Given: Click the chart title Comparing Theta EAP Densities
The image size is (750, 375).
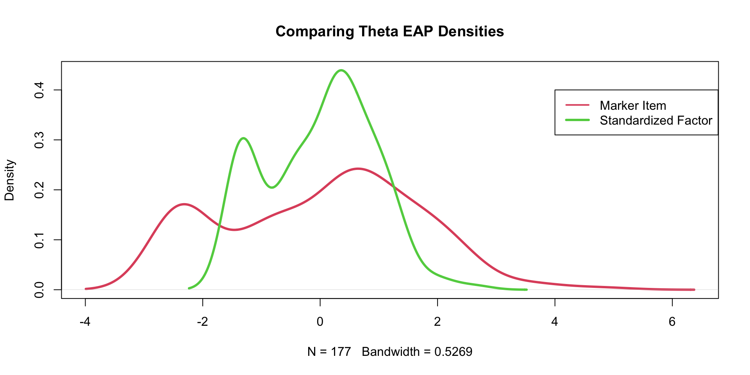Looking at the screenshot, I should click(389, 31).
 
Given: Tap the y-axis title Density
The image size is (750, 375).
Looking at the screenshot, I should click(9, 180).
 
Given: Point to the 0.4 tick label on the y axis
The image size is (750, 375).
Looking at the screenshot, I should click(39, 90).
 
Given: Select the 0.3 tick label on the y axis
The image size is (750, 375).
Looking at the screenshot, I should click(39, 140).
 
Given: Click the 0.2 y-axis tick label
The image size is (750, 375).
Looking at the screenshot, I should click(39, 190).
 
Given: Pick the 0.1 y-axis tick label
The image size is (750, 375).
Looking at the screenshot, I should click(39, 239).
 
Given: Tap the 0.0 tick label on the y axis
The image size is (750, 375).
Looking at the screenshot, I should click(39, 289).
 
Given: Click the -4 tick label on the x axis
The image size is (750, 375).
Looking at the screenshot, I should click(85, 322).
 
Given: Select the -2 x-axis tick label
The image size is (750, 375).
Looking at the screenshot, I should click(202, 322).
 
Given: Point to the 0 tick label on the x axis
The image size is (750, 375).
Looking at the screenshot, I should click(320, 322).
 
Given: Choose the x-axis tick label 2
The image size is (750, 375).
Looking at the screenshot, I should click(437, 322).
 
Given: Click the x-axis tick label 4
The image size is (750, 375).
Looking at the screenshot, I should click(555, 322).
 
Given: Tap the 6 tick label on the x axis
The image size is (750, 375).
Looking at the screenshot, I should click(672, 322).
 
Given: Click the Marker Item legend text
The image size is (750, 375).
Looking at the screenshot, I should click(633, 105).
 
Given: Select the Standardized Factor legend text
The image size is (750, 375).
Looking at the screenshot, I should click(656, 120).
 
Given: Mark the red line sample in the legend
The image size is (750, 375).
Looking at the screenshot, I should click(577, 105).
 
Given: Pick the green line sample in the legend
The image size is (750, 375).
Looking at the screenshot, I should click(577, 120).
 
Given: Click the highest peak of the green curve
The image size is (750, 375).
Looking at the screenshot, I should click(341, 70).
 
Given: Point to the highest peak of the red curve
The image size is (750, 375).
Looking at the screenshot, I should click(358, 169).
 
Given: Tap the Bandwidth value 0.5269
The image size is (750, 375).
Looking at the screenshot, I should click(454, 352).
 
